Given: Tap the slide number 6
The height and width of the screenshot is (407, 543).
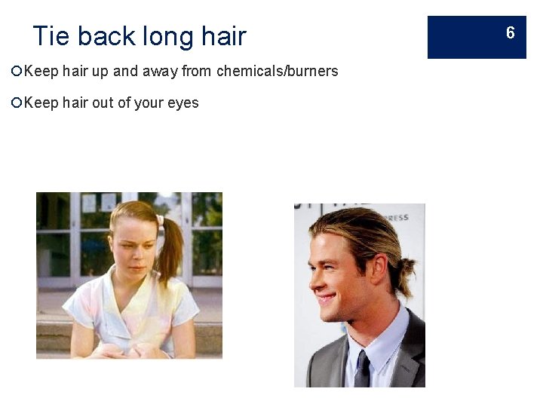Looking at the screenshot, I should point(510,33).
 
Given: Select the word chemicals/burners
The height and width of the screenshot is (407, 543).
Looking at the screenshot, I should point(278,72).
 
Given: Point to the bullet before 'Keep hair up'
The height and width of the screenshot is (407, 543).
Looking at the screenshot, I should point(17,72).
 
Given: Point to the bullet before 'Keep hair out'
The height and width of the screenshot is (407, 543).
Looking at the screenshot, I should point(17,103).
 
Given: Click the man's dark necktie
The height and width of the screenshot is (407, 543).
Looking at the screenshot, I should point(363,369).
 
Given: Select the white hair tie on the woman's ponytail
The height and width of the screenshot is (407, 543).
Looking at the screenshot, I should point(159,221).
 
